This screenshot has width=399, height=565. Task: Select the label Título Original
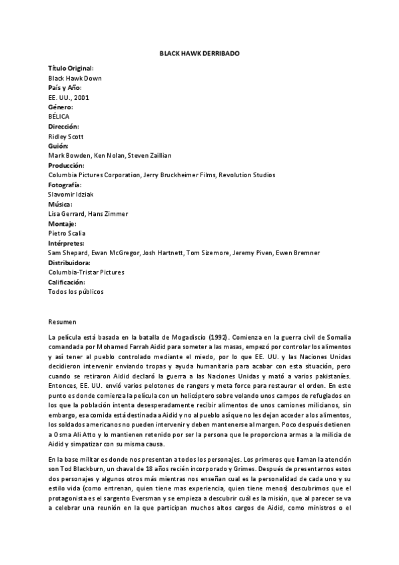71,68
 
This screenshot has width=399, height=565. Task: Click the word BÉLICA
59,117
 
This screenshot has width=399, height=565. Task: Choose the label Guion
59,146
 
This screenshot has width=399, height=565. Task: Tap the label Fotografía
65,185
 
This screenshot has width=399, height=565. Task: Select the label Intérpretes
67,243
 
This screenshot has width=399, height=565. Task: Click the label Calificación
68,282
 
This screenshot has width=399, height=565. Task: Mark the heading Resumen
63,320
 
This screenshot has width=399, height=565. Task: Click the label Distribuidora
69,263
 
